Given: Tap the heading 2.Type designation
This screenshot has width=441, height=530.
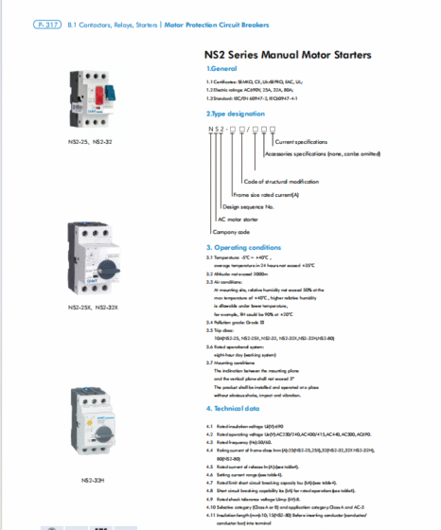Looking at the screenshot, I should point(238,113).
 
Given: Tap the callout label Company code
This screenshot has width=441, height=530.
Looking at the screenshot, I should point(231,231).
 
